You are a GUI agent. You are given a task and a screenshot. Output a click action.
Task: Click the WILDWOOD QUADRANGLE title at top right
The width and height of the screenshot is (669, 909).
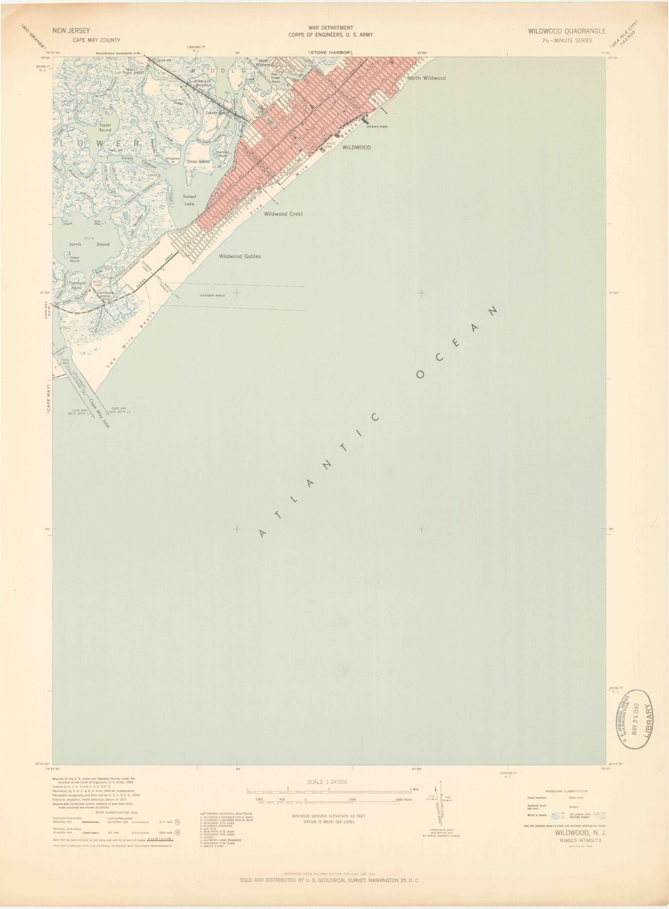tap(566, 31)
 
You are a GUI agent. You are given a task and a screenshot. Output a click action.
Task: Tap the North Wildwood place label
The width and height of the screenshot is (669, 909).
tap(426, 78)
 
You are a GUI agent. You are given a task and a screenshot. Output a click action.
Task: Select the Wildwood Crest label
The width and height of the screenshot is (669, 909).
tap(283, 214)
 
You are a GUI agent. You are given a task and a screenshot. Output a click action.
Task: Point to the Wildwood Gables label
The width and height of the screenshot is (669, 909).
tap(240, 256)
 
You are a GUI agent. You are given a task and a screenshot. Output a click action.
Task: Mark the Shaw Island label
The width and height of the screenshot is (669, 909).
tap(198, 161)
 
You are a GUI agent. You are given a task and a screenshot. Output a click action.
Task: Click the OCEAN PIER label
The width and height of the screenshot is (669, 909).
tap(377, 127)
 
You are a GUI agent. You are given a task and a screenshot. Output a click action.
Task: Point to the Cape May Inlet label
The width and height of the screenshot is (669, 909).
tap(99, 412)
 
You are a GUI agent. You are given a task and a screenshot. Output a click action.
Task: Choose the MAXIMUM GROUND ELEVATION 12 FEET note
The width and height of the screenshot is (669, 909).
tap(328, 816)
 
